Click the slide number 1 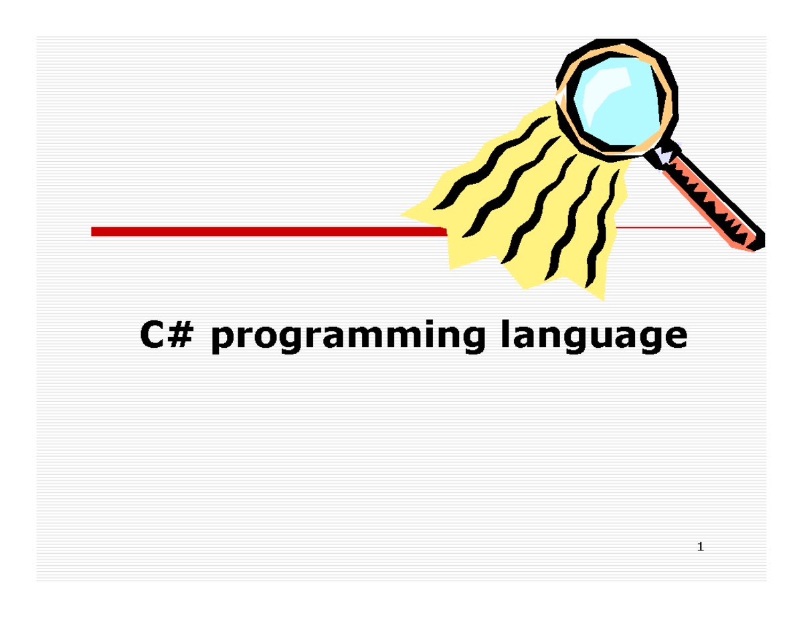700,548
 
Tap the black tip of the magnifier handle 759,241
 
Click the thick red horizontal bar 268,231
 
